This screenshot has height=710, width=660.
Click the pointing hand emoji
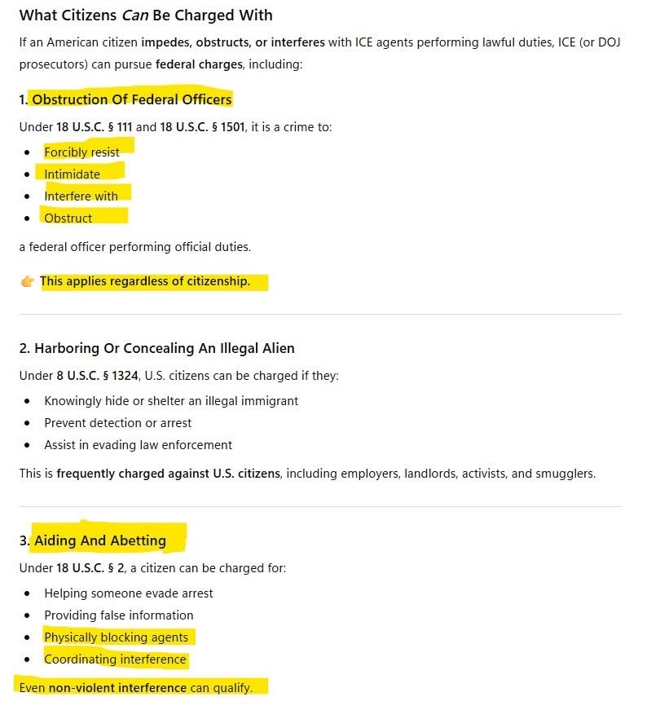point(27,282)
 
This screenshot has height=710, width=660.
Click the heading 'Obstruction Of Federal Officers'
point(132,99)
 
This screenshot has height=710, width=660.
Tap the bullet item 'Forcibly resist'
point(81,152)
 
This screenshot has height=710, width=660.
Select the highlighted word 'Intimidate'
point(73,174)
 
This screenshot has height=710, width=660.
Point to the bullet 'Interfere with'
point(81,196)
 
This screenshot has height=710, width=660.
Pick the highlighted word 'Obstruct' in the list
point(68,218)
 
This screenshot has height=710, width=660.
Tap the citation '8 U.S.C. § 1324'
point(99,376)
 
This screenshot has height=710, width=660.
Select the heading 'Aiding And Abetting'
point(100,540)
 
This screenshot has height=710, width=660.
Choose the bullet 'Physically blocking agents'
point(116,637)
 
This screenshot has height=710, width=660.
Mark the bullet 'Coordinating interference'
point(115,659)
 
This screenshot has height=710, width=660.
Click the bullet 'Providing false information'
point(119,615)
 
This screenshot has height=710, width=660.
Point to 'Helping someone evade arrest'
point(129,593)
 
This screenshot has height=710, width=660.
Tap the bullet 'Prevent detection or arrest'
point(118,423)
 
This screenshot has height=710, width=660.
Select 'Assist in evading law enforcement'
point(138,445)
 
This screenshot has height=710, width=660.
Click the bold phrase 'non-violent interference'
point(117,688)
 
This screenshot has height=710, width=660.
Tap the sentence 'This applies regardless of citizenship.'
point(145,282)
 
